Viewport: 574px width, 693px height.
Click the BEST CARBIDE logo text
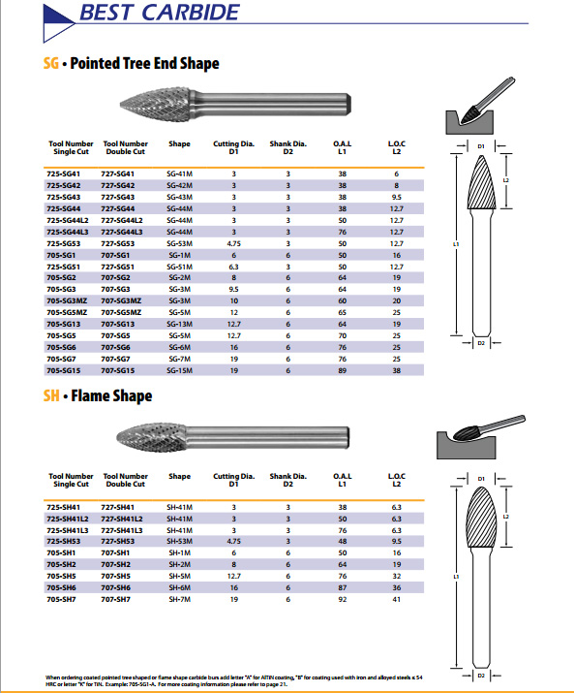point(160,13)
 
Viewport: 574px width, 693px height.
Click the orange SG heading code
point(50,63)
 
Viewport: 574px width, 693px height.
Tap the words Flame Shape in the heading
point(111,395)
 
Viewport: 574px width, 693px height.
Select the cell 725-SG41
point(64,174)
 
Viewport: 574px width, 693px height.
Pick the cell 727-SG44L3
point(122,232)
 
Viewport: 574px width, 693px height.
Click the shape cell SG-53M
point(180,243)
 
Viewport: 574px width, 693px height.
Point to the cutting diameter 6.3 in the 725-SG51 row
point(233,267)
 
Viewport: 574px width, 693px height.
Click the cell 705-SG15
point(64,370)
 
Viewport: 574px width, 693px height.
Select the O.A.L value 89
point(343,370)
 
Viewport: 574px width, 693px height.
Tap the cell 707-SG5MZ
point(121,312)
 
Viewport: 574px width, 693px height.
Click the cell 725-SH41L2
point(68,519)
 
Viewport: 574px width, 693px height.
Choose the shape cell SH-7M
point(180,599)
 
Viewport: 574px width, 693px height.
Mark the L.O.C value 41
point(397,599)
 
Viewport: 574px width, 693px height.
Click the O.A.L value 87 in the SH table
point(343,587)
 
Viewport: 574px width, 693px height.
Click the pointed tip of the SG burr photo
point(121,105)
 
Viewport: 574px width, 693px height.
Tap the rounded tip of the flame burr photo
point(117,437)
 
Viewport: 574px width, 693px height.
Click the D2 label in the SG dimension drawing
point(481,343)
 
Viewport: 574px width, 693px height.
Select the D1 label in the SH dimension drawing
point(481,479)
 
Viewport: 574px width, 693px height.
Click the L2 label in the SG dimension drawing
point(506,180)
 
